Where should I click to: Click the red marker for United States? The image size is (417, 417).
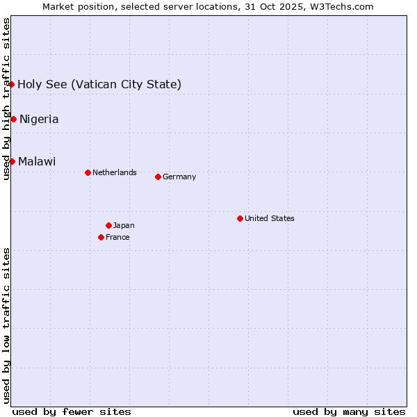click(x=240, y=218)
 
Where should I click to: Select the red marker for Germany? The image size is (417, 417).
click(x=158, y=177)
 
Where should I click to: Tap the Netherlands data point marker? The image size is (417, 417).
click(x=88, y=172)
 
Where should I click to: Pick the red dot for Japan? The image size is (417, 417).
click(x=108, y=225)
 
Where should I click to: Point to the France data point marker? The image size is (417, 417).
click(x=101, y=237)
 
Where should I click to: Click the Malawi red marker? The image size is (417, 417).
click(x=12, y=161)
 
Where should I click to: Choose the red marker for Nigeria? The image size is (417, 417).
click(x=13, y=119)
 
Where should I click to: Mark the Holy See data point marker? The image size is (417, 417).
click(x=12, y=84)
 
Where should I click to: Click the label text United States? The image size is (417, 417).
click(x=270, y=218)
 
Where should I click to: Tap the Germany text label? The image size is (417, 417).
click(x=179, y=177)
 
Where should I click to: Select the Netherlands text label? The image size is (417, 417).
click(x=115, y=172)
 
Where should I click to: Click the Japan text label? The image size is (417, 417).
click(x=124, y=225)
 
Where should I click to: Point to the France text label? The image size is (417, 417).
click(x=117, y=237)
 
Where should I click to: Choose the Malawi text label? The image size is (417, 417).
click(x=37, y=161)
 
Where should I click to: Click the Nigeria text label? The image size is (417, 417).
click(x=39, y=119)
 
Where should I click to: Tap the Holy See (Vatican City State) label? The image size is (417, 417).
click(x=99, y=84)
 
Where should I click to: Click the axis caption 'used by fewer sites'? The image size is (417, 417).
click(x=72, y=411)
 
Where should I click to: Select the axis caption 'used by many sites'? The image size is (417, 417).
click(x=349, y=411)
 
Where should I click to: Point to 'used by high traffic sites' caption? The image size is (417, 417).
click(x=6, y=99)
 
